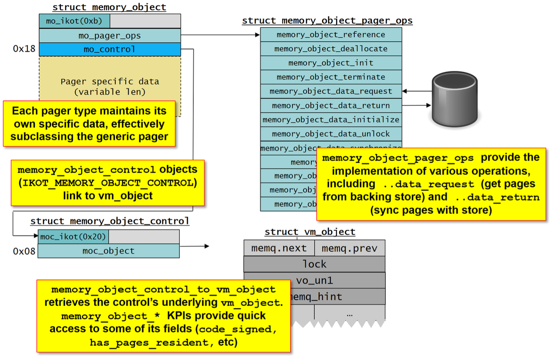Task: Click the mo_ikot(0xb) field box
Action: [x=74, y=21]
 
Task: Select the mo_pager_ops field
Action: [x=109, y=36]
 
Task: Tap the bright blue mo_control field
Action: [x=109, y=49]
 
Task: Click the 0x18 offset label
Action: [x=24, y=49]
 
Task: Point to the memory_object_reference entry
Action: [x=331, y=35]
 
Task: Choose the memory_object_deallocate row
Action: [x=331, y=49]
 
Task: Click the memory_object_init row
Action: [x=331, y=63]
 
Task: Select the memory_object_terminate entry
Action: [x=331, y=77]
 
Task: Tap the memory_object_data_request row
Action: [x=331, y=91]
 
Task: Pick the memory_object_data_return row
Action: [x=331, y=106]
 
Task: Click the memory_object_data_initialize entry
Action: [x=331, y=119]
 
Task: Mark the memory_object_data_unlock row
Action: [x=331, y=134]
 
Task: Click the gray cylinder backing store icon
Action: [x=454, y=99]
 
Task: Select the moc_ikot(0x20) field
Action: [x=73, y=237]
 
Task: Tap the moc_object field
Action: [x=109, y=251]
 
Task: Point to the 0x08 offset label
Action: [x=24, y=251]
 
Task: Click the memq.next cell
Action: [x=279, y=248]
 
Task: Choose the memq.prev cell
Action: [x=349, y=248]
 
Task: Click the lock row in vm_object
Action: [x=314, y=264]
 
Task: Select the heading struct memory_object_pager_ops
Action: [x=327, y=21]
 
